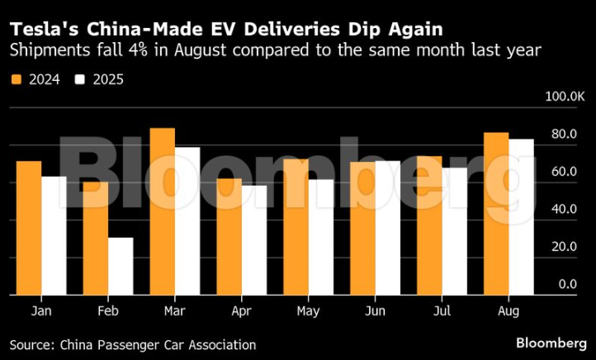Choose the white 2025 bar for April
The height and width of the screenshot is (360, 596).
254,240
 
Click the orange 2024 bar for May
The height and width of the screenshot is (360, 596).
296,227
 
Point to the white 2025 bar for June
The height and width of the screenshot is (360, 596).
388,228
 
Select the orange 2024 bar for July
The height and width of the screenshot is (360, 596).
429,225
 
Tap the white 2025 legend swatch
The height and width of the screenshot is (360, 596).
80,81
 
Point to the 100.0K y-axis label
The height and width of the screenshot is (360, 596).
564,97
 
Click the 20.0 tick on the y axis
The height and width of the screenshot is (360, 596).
564,247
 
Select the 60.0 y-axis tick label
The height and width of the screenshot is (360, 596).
564,172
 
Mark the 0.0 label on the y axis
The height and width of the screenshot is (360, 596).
567,284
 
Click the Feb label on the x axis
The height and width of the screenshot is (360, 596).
107,311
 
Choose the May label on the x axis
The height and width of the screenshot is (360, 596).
308,311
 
